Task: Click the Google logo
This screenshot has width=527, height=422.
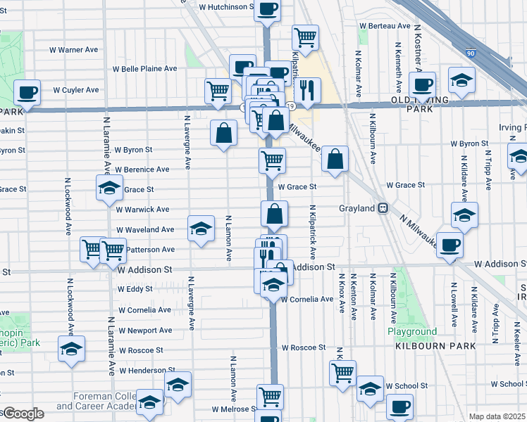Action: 23,413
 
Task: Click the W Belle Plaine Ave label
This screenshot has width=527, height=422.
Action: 145,69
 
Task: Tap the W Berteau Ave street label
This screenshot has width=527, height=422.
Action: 384,26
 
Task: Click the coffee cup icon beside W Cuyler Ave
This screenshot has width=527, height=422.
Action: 27,91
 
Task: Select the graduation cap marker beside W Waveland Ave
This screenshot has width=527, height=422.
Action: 200,228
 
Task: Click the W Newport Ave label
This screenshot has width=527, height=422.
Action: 145,330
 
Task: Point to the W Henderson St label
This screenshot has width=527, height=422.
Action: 147,371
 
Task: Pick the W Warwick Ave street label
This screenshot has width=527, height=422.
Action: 142,210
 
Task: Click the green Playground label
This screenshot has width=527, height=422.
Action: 412,331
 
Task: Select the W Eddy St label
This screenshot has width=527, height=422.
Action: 135,289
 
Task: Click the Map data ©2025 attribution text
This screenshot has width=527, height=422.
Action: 497,416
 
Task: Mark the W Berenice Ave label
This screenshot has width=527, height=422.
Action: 142,170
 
